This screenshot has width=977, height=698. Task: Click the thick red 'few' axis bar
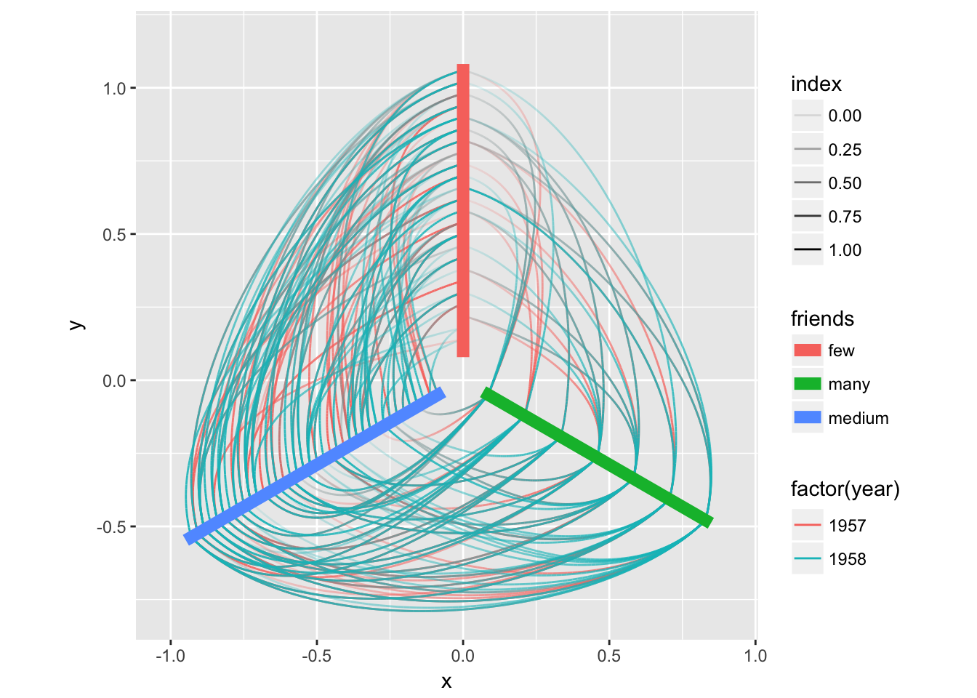462,211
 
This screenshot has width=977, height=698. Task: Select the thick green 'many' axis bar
596,457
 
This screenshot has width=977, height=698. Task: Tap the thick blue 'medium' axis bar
315,466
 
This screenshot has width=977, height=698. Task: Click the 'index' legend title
816,84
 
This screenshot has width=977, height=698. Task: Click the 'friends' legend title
821,318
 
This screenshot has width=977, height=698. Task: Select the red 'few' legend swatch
807,350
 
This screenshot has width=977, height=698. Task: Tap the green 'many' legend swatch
807,384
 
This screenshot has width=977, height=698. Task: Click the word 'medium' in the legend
858,418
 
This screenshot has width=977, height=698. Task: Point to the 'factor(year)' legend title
845,489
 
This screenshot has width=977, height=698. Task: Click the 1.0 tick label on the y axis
114,89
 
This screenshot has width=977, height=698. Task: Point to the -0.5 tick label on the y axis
111,527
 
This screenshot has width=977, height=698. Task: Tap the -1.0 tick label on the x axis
170,656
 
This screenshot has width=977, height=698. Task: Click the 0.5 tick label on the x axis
609,656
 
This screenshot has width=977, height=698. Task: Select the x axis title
446,681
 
